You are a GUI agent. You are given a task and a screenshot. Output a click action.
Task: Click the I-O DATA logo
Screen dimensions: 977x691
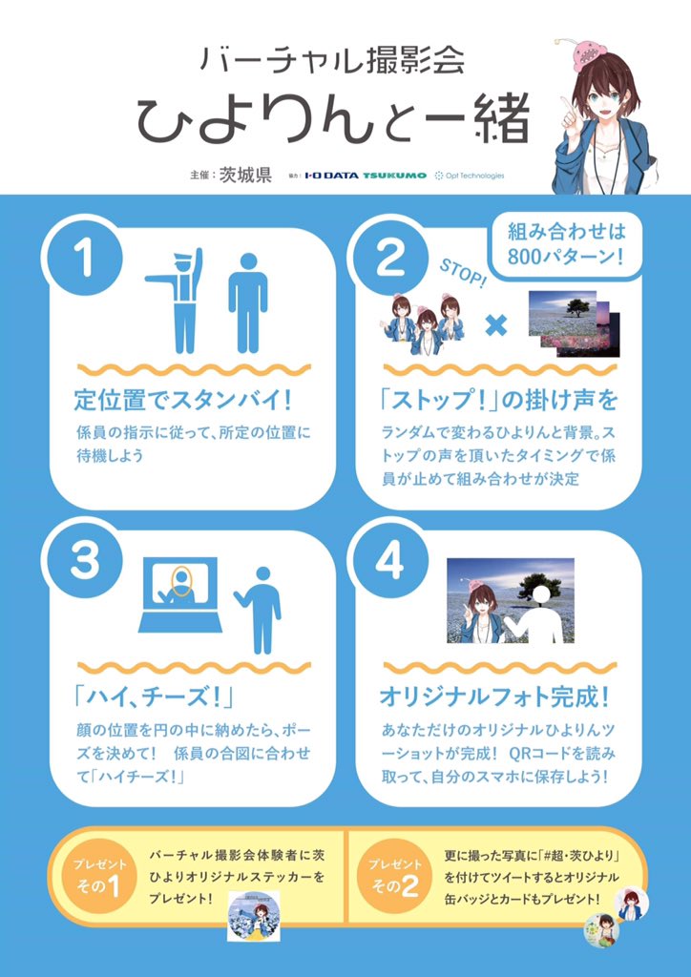pos(331,176)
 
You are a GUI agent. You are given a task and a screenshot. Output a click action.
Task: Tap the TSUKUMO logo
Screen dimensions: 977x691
pos(394,176)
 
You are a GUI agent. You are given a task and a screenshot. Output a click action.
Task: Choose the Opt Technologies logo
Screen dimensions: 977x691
pos(469,176)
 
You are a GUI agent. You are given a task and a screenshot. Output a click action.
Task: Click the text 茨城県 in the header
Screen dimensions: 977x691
pos(245,175)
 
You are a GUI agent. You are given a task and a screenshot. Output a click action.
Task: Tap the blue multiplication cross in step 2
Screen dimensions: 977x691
pos(495,326)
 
